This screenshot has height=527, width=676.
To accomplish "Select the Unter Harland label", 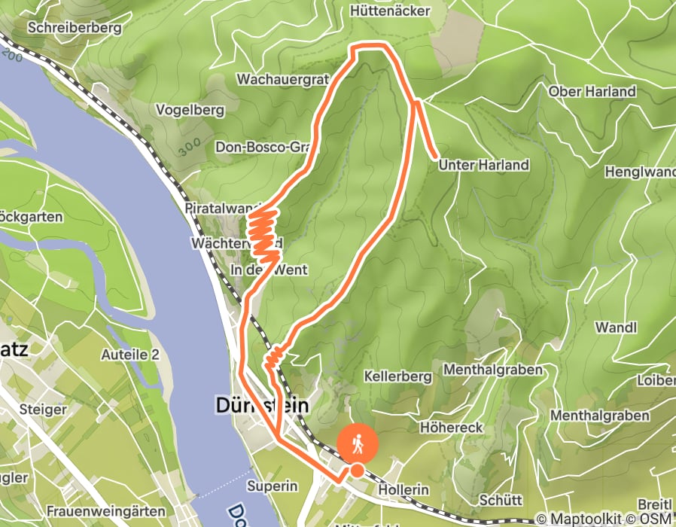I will (483, 165).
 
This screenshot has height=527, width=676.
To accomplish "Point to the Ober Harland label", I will (592, 92).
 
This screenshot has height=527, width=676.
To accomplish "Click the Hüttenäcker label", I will (390, 11).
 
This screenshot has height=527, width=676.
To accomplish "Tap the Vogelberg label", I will (190, 110).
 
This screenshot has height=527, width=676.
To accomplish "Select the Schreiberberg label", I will (75, 28).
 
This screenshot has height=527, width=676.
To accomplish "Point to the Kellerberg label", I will (397, 376).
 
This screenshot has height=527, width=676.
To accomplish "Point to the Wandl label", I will (616, 327).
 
